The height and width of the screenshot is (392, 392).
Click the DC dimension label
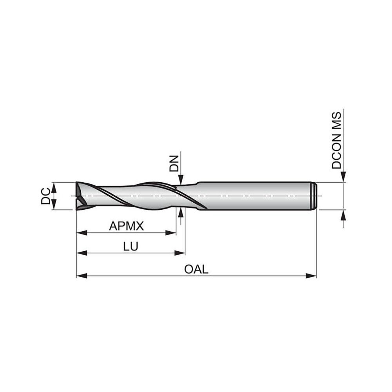[x=45, y=196]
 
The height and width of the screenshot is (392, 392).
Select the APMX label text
[x=127, y=226]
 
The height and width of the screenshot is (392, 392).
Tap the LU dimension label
[x=130, y=247]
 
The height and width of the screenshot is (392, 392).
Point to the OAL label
[x=196, y=270]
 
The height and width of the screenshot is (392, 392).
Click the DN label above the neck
[x=174, y=164]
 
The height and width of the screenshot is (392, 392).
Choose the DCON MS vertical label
[x=336, y=140]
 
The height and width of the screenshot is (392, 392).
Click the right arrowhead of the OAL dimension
[x=311, y=276]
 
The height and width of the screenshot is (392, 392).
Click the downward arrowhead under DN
[x=181, y=180]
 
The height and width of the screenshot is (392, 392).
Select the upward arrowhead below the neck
[x=181, y=213]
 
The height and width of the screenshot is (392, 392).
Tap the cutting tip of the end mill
[x=80, y=196]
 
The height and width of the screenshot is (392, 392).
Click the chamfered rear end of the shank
[x=314, y=196]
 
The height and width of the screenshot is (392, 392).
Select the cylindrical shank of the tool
[x=255, y=196]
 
